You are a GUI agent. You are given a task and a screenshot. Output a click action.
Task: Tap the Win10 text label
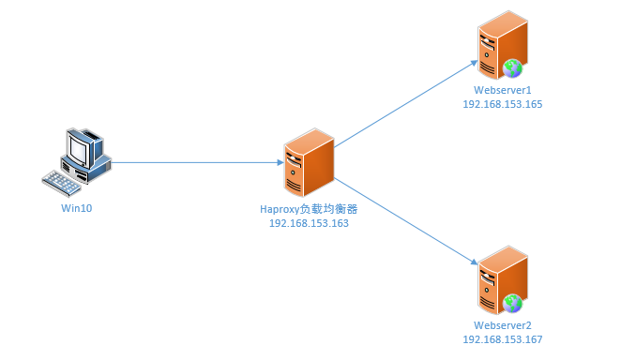(x=76, y=208)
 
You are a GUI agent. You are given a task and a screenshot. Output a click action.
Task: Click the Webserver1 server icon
(x=502, y=45)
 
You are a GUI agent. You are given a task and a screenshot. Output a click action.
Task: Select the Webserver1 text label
(x=502, y=90)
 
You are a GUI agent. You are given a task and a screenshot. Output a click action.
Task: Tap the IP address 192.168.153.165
(x=502, y=104)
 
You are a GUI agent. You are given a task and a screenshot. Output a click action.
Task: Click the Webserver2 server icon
(x=502, y=280)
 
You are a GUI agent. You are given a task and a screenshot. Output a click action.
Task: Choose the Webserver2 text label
(x=502, y=325)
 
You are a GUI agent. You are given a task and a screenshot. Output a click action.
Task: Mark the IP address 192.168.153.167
(x=502, y=340)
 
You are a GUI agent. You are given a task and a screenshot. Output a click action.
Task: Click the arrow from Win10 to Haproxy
(x=197, y=162)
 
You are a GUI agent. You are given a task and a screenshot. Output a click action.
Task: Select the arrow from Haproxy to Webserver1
(x=403, y=105)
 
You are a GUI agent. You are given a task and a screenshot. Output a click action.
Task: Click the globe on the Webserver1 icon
(x=512, y=67)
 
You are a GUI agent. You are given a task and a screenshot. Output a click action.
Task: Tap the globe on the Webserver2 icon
(x=512, y=303)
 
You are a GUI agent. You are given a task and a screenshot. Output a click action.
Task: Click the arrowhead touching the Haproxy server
(x=279, y=162)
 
